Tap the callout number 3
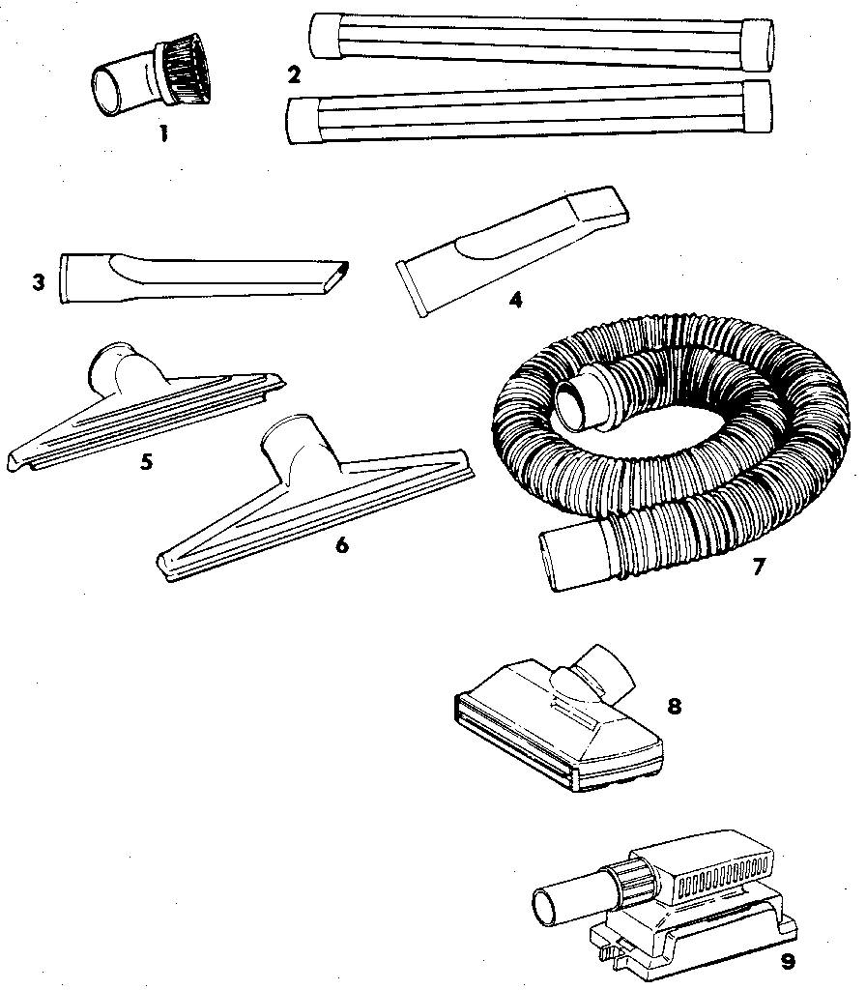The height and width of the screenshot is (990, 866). click(38, 283)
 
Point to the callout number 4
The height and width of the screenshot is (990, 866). click(515, 300)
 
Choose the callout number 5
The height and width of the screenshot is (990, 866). click(146, 461)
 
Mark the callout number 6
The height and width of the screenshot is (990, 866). click(341, 544)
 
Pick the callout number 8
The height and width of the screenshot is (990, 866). click(675, 706)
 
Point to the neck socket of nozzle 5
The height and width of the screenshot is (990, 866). click(115, 366)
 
